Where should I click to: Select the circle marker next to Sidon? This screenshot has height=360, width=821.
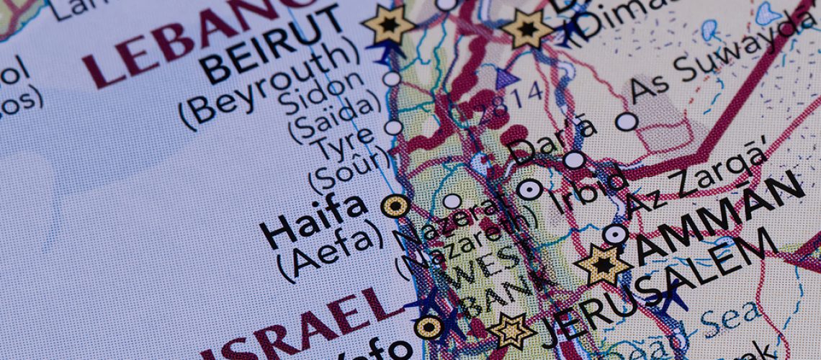(391, 78)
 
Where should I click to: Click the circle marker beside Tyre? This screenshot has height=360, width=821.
(393, 127)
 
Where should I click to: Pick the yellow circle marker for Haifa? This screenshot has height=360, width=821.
(395, 207)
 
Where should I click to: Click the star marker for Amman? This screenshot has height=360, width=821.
(603, 264)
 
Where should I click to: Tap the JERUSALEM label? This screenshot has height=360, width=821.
(655, 288)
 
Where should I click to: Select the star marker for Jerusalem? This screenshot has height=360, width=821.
(512, 330)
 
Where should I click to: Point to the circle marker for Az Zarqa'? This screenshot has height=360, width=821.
(614, 234)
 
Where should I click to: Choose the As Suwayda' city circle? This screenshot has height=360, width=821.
(627, 122)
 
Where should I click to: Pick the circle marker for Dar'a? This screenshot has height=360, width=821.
(573, 160)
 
